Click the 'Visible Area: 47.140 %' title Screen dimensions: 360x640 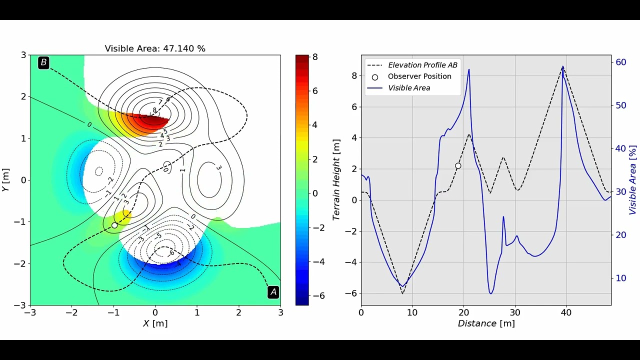coord(155,48)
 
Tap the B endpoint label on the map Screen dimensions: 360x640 coord(43,62)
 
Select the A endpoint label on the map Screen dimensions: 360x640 coord(273,291)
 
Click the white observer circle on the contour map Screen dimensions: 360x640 coord(114,225)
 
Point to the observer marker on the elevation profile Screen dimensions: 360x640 coord(458,165)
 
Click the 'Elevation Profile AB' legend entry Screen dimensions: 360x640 coord(422,65)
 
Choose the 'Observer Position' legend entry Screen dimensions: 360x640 coord(419,76)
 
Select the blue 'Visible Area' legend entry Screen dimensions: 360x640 coord(408,88)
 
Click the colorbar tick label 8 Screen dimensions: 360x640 coord(315,57)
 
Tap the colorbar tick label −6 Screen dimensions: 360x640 coord(318,296)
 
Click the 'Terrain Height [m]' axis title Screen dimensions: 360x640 coord(336,180)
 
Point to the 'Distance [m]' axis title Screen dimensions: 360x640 coord(486,323)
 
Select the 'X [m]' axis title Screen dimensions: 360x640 coord(155,323)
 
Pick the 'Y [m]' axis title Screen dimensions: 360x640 coord(5,180)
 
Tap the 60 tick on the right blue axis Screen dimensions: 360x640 coord(620,62)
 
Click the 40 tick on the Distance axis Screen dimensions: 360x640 coord(566,312)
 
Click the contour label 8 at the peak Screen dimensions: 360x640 coord(154,110)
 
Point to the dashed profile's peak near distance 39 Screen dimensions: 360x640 coord(563,67)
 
